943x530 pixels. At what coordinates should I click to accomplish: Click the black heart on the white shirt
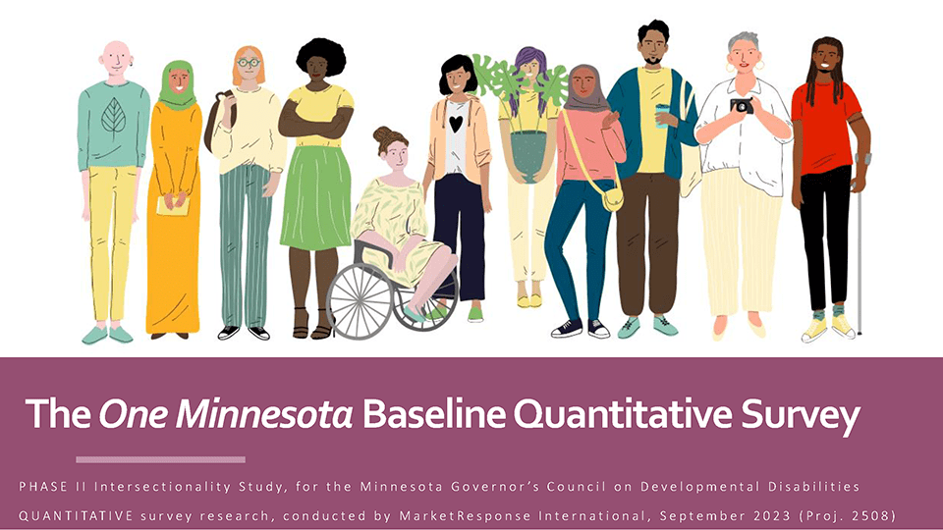tap(457, 124)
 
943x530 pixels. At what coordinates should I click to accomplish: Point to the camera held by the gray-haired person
tap(742, 105)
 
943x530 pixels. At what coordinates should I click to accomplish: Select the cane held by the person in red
tap(860, 255)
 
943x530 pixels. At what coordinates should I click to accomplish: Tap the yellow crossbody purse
tap(612, 199)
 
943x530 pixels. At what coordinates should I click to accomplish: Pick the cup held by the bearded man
tap(663, 116)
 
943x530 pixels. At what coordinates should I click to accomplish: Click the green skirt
tap(315, 196)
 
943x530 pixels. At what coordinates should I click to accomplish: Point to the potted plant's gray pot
tap(530, 157)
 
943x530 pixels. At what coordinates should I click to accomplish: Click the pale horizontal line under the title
tap(160, 458)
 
